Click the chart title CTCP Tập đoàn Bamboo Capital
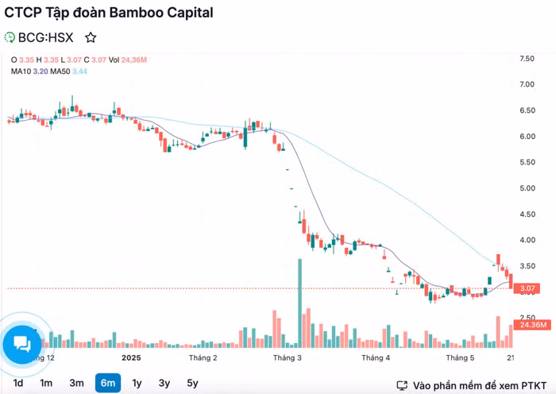coord(108,14)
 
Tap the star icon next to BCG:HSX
coord(91,37)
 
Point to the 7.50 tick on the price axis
coord(526,60)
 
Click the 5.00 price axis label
coord(526,188)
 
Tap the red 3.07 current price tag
coord(527,288)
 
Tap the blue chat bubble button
coord(22,344)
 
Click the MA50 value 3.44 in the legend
coord(79,71)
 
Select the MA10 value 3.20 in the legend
coord(40,71)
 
